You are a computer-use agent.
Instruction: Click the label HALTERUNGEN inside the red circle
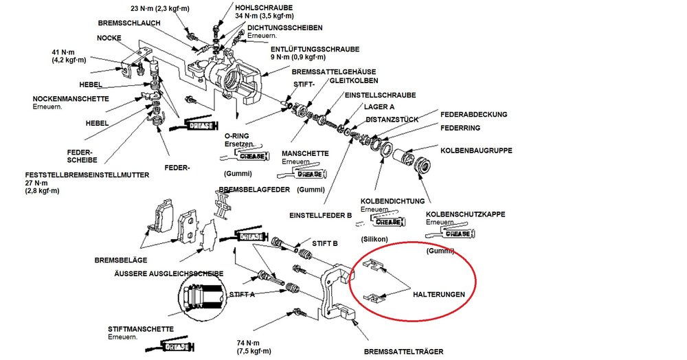(438, 295)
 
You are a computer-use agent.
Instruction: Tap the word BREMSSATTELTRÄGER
(403, 352)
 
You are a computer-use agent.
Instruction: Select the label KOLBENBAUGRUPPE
(476, 150)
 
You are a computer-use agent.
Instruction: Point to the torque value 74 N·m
(247, 343)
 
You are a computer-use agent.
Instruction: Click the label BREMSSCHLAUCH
(129, 23)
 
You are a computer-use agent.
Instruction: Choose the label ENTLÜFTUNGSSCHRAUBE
(315, 49)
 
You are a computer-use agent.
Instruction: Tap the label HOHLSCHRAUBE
(264, 8)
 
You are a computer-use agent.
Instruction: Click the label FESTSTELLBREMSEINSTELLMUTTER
(87, 175)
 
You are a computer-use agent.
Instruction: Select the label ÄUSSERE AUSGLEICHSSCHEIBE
(169, 273)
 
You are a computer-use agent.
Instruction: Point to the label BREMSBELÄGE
(121, 260)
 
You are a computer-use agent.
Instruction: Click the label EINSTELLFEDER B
(321, 216)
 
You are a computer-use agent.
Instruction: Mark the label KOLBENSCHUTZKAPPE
(466, 214)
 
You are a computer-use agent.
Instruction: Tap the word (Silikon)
(374, 239)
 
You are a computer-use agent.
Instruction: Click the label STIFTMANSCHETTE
(141, 329)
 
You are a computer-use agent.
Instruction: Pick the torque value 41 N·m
(63, 52)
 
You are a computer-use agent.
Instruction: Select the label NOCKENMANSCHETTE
(71, 99)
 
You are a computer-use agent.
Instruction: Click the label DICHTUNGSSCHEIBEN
(285, 28)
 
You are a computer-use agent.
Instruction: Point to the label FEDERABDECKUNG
(473, 115)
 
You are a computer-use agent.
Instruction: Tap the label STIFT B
(325, 243)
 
